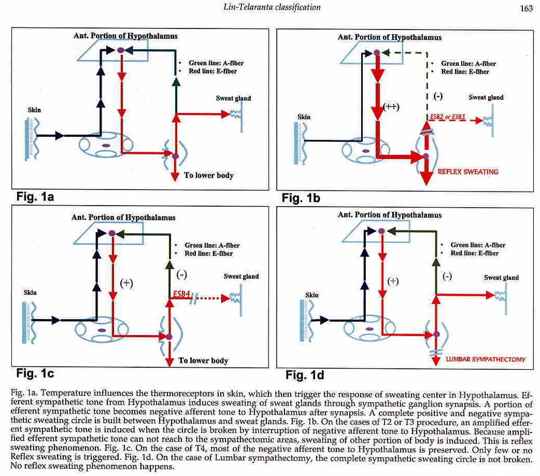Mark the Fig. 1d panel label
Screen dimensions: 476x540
point(304,374)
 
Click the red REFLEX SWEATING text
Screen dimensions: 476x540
point(468,172)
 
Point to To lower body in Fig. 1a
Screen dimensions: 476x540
point(209,176)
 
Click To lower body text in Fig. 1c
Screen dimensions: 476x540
point(203,360)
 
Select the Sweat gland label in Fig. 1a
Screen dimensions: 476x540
point(233,98)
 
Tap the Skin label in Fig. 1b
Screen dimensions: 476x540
point(304,117)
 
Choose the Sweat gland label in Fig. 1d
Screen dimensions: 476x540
point(501,278)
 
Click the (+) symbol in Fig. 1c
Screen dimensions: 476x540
point(126,283)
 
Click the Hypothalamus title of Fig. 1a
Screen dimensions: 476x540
point(125,36)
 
